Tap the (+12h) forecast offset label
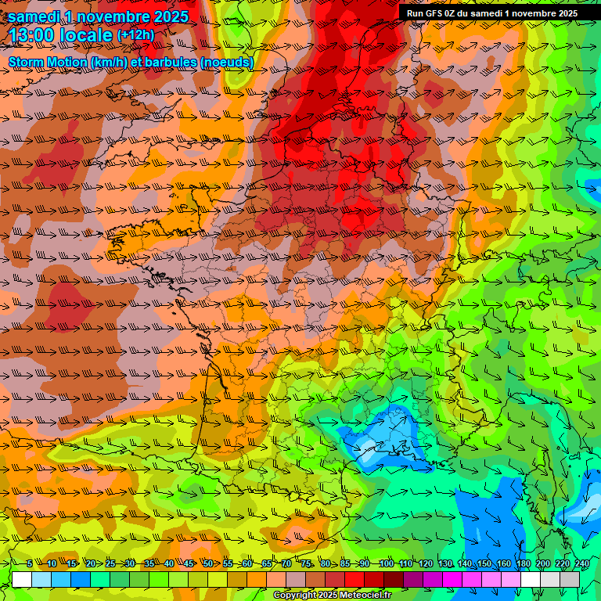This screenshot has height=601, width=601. point(135,35)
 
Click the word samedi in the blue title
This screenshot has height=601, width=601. point(34,16)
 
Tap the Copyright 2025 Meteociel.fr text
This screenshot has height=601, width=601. point(332,596)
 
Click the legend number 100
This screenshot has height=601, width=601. point(386,563)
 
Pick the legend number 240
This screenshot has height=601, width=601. point(582,563)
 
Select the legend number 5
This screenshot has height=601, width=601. point(30,563)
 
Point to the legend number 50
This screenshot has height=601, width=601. point(208,563)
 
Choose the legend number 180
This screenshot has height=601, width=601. point(524,563)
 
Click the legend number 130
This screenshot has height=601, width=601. point(444,563)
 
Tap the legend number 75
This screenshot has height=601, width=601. point(306,563)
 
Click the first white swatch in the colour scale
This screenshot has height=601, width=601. point(22,579)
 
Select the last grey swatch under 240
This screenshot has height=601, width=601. point(570,579)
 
